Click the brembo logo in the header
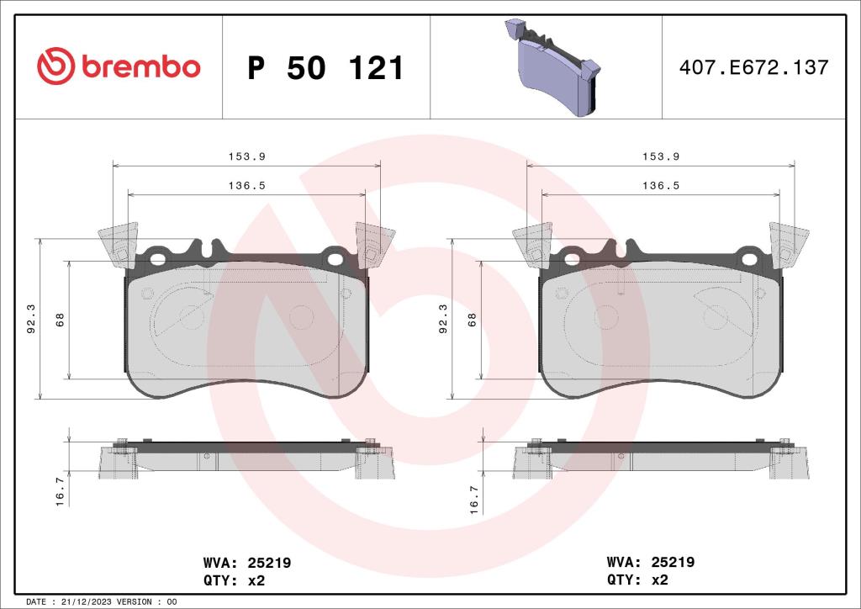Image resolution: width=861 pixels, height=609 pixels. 119,67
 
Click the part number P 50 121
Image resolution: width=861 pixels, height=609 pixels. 325,68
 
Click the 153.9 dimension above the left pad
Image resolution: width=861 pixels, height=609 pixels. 246,156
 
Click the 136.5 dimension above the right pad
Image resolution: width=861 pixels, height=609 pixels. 660,185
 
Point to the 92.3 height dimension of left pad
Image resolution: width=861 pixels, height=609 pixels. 32,320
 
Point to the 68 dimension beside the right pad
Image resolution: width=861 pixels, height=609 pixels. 473,320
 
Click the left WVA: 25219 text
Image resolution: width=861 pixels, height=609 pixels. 247,563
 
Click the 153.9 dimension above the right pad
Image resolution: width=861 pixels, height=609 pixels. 660,156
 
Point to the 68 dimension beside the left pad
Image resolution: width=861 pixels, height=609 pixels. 60,320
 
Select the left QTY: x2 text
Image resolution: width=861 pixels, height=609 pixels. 234,580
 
